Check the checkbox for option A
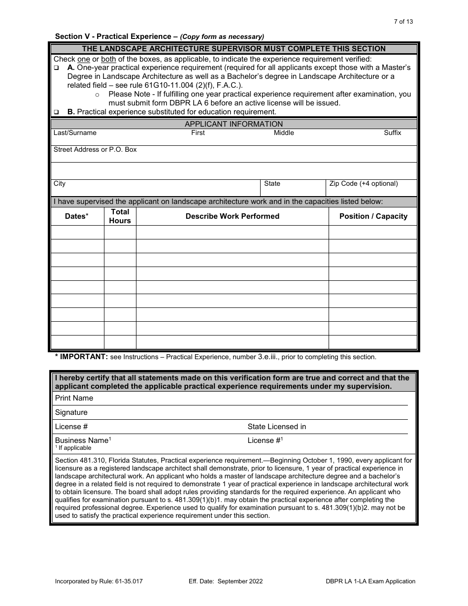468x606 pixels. click(56, 67)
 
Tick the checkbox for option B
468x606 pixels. click(56, 112)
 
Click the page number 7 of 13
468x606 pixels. click(404, 22)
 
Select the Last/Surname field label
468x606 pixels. click(75, 133)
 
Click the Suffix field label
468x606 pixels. click(393, 133)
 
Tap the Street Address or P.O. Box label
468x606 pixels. click(95, 150)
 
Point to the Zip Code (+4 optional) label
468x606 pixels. click(364, 184)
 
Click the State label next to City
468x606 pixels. click(272, 184)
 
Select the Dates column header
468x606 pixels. click(77, 216)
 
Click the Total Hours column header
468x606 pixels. click(120, 216)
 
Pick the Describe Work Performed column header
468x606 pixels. click(232, 216)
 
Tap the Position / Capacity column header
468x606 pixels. click(373, 216)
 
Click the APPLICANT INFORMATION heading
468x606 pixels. click(234, 124)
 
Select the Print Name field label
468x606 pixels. click(74, 398)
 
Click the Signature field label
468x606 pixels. click(71, 412)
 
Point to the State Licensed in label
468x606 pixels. click(276, 427)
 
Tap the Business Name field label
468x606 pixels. click(82, 440)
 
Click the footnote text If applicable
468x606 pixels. click(74, 448)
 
